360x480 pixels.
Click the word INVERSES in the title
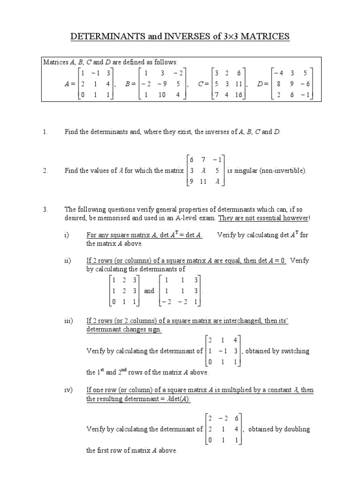(x=178, y=36)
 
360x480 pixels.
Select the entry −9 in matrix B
(x=161, y=84)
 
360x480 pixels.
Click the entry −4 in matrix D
(x=279, y=73)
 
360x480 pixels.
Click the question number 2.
(x=45, y=171)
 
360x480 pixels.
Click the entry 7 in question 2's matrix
(x=203, y=160)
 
